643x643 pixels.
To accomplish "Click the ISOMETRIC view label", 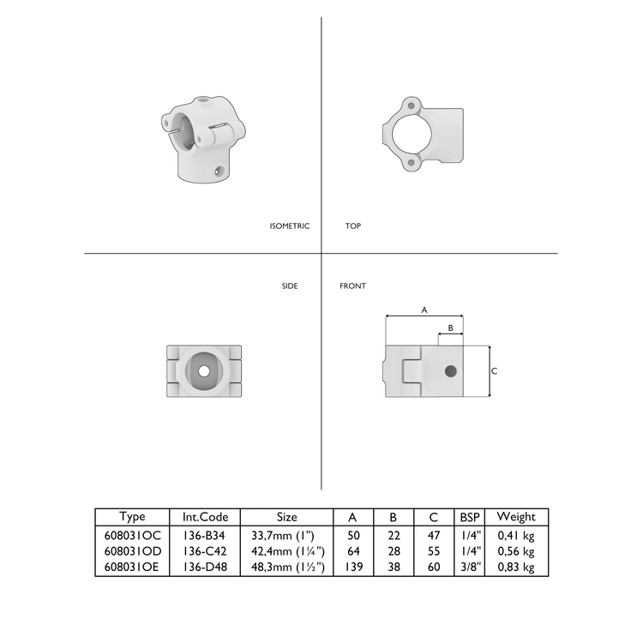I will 289,226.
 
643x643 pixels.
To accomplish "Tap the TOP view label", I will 353,226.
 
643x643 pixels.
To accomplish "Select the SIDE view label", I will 290,286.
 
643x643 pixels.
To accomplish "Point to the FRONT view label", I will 352,286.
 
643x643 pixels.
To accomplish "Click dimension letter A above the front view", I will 424,310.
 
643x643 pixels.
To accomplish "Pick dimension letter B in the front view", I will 450,328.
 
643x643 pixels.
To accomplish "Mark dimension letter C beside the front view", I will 495,370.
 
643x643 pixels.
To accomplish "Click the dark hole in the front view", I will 450,370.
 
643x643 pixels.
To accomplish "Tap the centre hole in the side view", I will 204,371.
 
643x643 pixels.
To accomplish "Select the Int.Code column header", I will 206,517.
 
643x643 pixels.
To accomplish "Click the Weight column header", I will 516,517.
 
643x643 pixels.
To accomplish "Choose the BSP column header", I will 470,517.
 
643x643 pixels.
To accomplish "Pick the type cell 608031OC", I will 133,535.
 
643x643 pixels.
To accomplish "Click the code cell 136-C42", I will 206,551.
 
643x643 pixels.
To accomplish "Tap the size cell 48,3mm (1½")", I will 287,568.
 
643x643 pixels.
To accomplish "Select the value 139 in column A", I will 352,568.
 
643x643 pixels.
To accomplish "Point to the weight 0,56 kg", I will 516,551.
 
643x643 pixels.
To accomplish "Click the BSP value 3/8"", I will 470,568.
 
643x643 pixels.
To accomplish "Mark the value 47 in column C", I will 434,535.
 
